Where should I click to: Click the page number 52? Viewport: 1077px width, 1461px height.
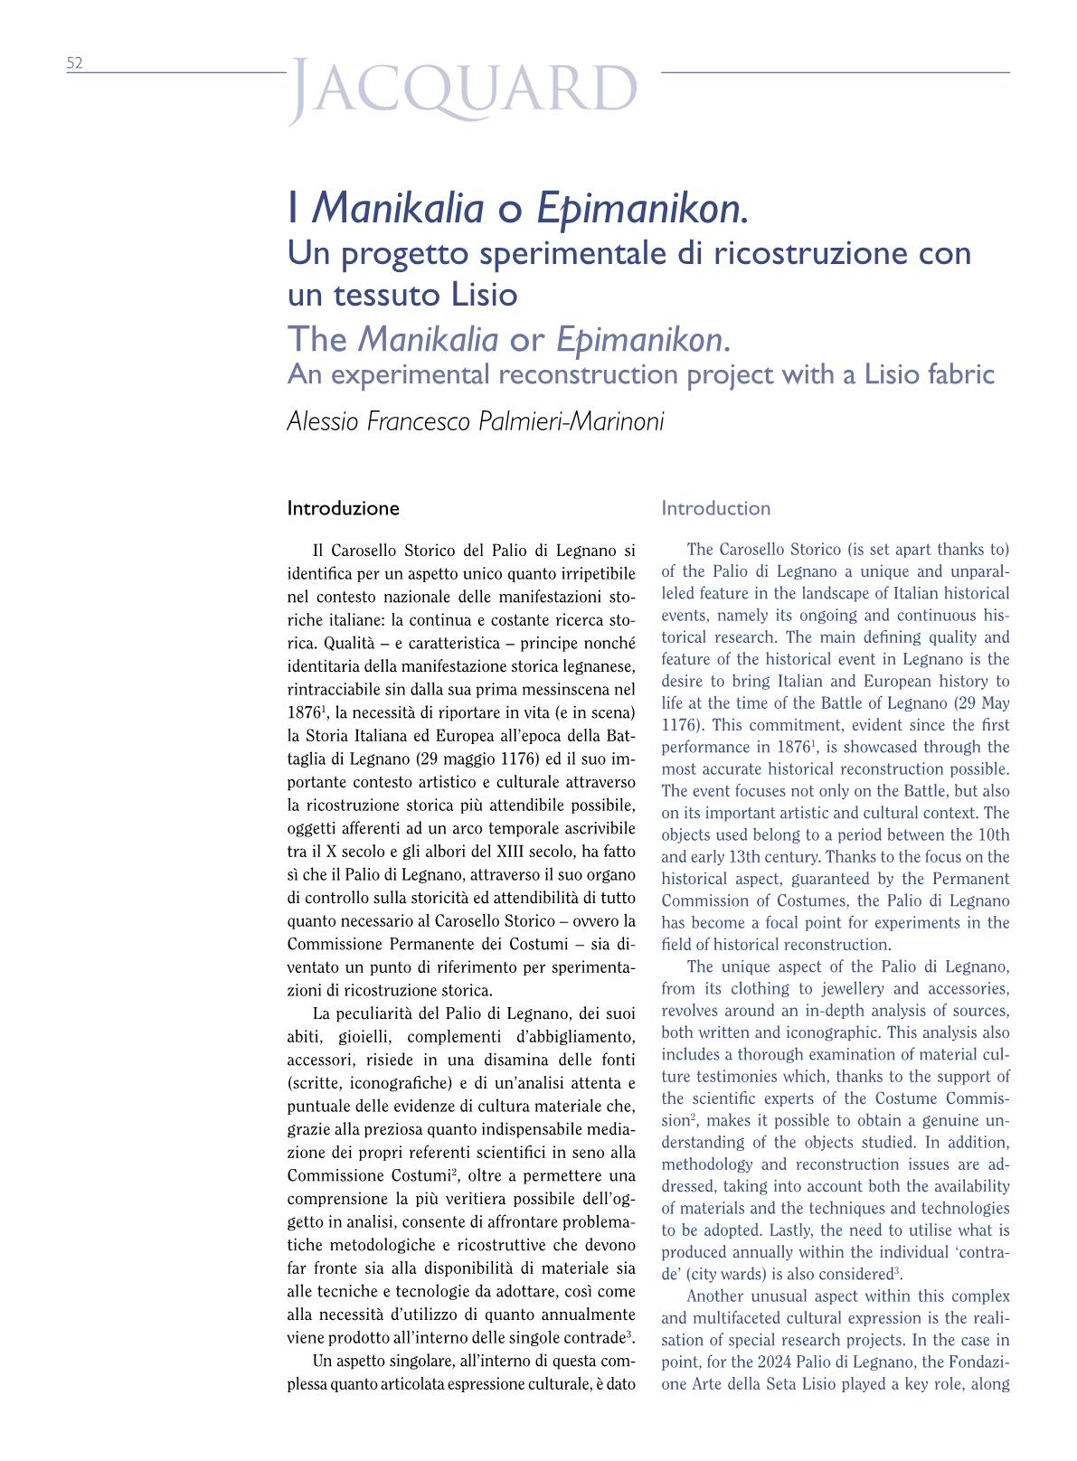coord(74,62)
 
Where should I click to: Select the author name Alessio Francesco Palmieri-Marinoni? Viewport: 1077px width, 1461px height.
coord(475,421)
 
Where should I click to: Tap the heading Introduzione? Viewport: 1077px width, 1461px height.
coord(343,508)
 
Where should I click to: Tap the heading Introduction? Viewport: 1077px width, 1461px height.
coord(715,508)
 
